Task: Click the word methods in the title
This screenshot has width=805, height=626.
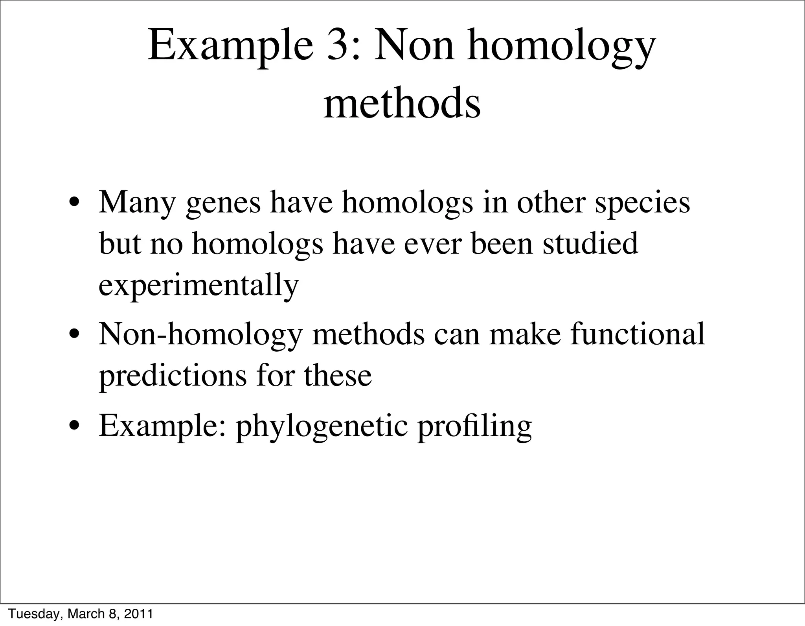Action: point(402,104)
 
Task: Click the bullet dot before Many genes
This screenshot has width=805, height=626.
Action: point(74,205)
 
